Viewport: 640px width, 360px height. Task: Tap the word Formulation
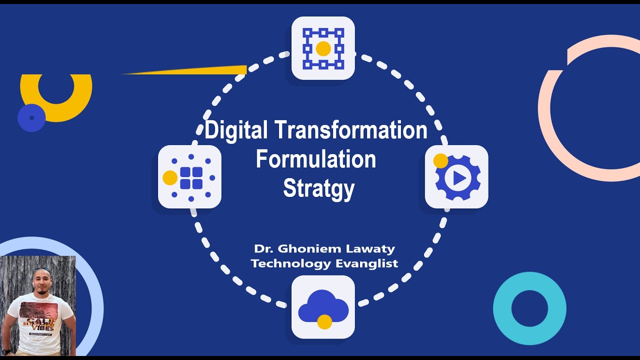[x=316, y=160]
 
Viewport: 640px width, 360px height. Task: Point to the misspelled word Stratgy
[x=319, y=188]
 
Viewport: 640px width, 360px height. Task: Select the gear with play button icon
[x=456, y=177]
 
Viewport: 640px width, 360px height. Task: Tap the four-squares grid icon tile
[x=190, y=177]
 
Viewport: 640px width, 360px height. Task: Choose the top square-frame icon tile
[x=323, y=48]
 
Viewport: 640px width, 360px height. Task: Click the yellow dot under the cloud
[x=324, y=322]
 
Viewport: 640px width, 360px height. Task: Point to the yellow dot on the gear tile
[x=440, y=161]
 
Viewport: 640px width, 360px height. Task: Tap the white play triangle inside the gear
[x=460, y=178]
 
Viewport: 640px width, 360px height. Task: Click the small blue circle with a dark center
[x=31, y=118]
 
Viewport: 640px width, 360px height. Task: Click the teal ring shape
[x=529, y=308]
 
